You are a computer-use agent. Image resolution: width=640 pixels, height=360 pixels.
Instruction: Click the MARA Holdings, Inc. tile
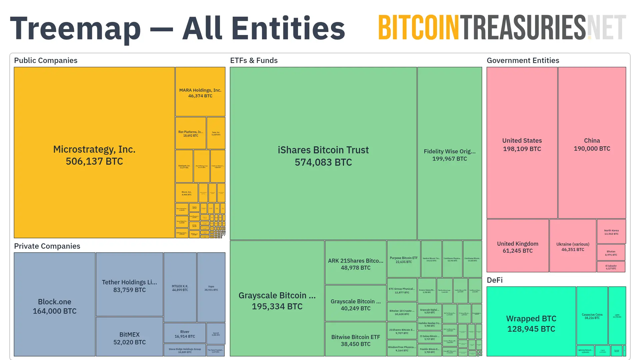200,93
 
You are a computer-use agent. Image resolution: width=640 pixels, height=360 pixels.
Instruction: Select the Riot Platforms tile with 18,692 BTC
191,133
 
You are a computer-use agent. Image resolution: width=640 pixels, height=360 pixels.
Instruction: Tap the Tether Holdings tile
129,286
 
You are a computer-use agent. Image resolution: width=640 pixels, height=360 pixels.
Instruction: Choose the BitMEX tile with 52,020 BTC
129,338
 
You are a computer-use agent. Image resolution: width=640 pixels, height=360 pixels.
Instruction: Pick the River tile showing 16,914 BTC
185,334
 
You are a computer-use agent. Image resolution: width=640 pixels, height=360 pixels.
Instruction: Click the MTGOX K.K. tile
180,288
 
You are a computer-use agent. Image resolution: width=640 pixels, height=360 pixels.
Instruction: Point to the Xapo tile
211,288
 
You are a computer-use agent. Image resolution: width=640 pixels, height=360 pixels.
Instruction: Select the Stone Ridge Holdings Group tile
185,350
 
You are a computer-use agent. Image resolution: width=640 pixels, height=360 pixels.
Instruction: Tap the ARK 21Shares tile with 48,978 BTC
356,264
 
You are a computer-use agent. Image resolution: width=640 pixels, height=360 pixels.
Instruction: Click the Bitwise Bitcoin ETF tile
356,340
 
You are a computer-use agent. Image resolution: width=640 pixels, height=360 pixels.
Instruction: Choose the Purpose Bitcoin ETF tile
404,260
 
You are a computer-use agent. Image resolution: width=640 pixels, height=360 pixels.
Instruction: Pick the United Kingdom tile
518,247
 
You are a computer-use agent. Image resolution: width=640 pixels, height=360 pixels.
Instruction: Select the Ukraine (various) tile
573,246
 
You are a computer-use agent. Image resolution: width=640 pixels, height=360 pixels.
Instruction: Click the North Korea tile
611,232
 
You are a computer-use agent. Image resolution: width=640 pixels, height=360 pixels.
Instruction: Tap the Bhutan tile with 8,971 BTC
611,253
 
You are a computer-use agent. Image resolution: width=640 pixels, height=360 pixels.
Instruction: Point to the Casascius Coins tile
592,316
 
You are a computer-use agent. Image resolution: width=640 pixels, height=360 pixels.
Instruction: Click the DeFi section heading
495,280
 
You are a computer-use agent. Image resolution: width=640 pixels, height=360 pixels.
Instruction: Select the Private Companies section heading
47,246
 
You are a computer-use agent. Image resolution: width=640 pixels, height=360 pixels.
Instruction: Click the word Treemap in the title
75,29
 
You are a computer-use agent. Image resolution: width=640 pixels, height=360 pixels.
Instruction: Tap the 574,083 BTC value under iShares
323,162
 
